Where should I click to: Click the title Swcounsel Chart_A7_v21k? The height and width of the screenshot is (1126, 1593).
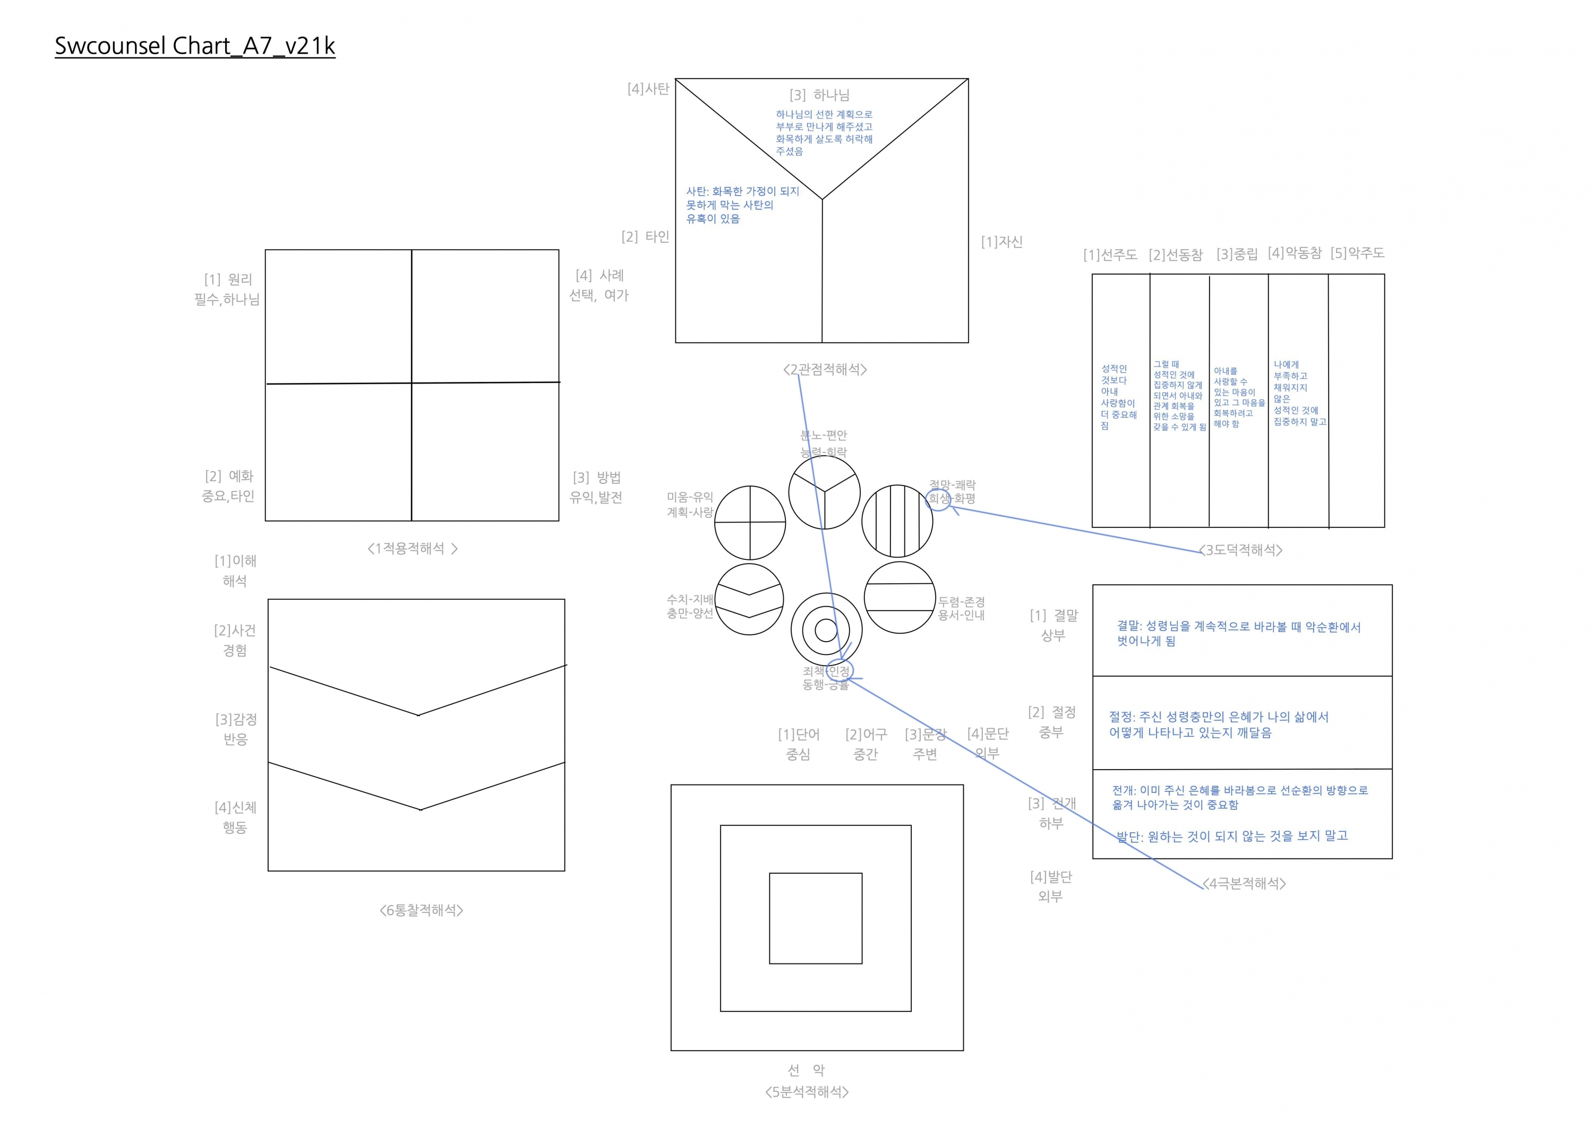point(195,46)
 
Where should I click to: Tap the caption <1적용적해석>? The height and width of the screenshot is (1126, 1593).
point(412,548)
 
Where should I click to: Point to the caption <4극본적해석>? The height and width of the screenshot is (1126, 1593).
point(1244,883)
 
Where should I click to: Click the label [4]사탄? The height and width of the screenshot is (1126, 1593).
point(648,89)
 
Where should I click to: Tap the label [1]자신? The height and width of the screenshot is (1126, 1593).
point(1001,242)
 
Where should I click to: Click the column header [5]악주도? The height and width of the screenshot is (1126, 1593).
point(1357,253)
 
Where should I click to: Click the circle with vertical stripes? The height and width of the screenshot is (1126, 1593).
point(897,521)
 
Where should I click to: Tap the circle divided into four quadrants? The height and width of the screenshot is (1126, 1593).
point(750,523)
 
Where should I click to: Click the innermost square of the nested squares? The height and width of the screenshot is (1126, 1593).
point(815,918)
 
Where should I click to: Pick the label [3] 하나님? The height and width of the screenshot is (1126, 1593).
point(819,95)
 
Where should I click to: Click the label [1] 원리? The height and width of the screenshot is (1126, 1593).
point(228,279)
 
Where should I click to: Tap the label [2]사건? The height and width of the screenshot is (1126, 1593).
point(235,630)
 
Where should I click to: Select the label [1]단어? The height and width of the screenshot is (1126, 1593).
point(799,734)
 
